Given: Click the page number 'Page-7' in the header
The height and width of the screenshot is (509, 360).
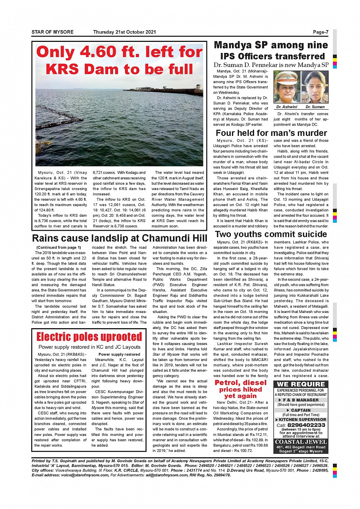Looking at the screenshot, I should [320, 32].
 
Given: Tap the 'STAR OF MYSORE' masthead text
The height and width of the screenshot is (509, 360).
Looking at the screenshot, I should [53, 32].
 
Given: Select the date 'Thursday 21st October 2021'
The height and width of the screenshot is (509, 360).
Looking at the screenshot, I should [125, 32].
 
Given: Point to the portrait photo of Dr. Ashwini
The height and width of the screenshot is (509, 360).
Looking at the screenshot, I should [287, 87].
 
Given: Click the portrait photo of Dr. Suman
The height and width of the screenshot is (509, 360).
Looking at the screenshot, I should [315, 87].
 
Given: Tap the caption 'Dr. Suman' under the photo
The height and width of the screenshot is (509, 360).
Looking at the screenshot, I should [315, 107].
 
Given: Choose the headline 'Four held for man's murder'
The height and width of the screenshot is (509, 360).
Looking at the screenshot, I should [271, 133].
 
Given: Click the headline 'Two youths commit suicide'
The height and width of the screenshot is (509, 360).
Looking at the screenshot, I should [271, 234].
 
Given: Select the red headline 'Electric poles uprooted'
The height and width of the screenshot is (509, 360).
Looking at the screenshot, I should [89, 337].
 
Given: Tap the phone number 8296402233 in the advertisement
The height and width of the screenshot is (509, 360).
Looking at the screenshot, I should [306, 425].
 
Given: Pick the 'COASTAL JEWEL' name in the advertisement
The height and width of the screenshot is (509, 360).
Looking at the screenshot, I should [301, 442].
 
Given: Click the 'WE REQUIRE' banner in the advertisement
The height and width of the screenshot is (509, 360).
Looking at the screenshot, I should [301, 384].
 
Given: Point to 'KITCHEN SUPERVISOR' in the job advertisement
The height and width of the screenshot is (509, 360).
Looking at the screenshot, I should [302, 420].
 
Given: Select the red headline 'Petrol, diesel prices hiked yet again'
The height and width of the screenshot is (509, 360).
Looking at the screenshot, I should [240, 389].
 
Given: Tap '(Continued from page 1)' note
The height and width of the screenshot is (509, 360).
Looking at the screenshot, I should [59, 247].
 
